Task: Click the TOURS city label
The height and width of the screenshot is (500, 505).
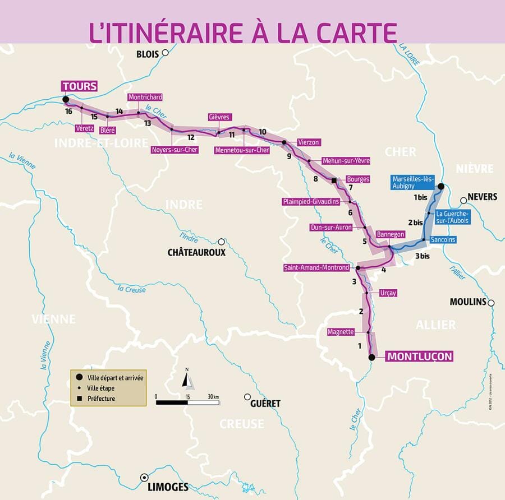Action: click(x=80, y=86)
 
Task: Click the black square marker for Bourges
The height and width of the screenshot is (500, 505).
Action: click(x=334, y=180)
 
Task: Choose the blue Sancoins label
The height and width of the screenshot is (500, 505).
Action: click(x=443, y=239)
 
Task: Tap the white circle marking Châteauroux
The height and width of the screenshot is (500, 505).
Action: click(x=222, y=242)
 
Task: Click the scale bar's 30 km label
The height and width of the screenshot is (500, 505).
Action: click(x=213, y=397)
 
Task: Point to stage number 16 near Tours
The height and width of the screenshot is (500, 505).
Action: click(x=68, y=112)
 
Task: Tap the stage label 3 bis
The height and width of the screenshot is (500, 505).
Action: click(x=422, y=256)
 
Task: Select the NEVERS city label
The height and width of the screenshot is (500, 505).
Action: click(x=482, y=197)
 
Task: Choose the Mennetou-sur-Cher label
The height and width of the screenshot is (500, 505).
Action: click(x=242, y=150)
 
